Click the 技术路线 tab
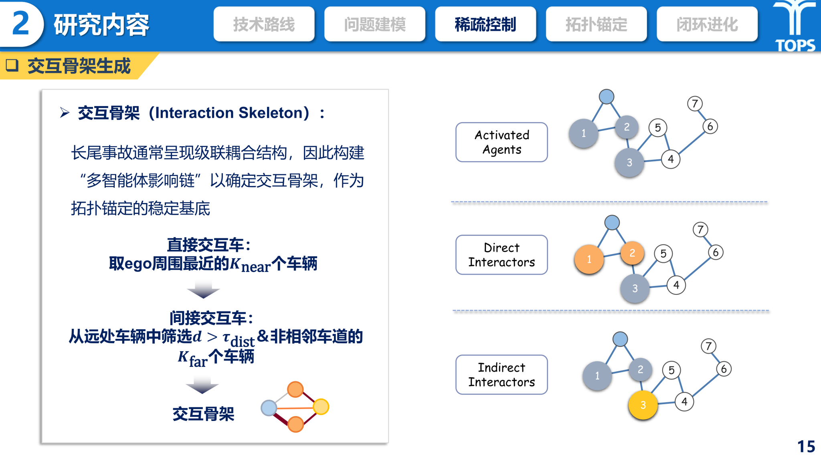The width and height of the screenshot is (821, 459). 264,24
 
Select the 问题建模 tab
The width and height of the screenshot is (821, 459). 375,24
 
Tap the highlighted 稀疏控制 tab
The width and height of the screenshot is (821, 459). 485,24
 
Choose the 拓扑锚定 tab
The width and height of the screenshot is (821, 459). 597,24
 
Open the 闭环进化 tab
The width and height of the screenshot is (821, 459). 707,24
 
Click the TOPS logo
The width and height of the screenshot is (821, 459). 795,26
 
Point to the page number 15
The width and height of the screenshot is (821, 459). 806,446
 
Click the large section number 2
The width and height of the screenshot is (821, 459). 21,23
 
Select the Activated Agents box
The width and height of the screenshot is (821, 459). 501,142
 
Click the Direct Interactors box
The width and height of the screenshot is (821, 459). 501,255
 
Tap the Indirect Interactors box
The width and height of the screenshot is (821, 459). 501,374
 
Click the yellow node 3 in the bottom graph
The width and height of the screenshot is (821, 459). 643,405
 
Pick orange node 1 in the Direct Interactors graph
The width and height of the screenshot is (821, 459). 589,259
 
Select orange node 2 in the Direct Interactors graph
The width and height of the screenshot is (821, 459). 632,253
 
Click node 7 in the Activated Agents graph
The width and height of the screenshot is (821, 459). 695,104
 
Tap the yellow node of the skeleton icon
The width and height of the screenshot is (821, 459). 321,407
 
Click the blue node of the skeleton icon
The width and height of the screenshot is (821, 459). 269,408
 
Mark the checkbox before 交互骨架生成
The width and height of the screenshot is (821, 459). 12,65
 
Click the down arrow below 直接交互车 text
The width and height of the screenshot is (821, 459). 203,290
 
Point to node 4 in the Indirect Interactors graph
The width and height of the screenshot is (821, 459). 684,401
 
